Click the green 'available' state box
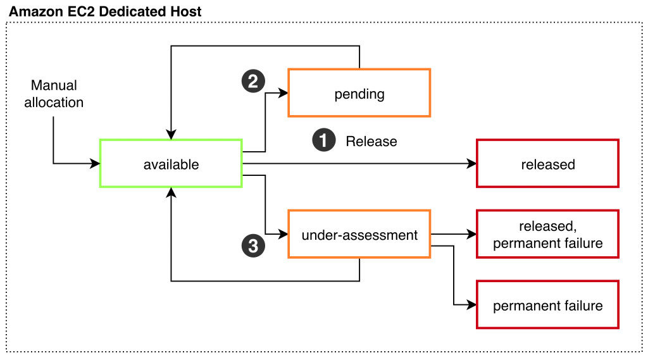(x=171, y=164)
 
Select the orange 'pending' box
(x=359, y=93)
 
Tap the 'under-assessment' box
(x=359, y=235)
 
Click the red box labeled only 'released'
(x=547, y=164)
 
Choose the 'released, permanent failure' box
(x=547, y=235)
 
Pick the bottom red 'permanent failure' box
(x=547, y=306)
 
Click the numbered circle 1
(x=323, y=140)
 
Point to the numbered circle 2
(x=253, y=81)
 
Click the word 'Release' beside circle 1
(x=371, y=141)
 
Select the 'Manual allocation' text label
(x=54, y=94)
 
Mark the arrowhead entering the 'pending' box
(x=283, y=93)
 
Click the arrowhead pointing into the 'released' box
(x=471, y=164)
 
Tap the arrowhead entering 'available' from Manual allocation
(x=96, y=164)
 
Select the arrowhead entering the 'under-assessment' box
(x=283, y=235)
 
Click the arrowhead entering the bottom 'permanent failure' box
(x=471, y=306)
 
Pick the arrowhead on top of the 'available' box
(x=171, y=135)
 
